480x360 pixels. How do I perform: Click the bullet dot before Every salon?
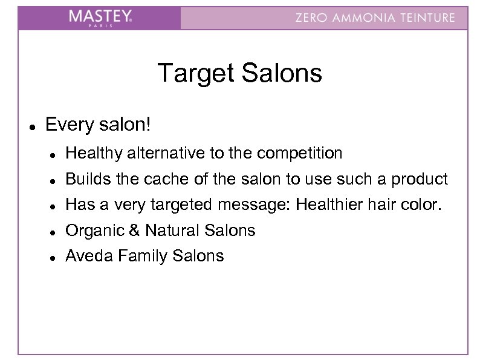(30, 128)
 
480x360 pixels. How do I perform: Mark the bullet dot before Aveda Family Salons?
(54, 257)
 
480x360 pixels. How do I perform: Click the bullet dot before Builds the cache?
(54, 180)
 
